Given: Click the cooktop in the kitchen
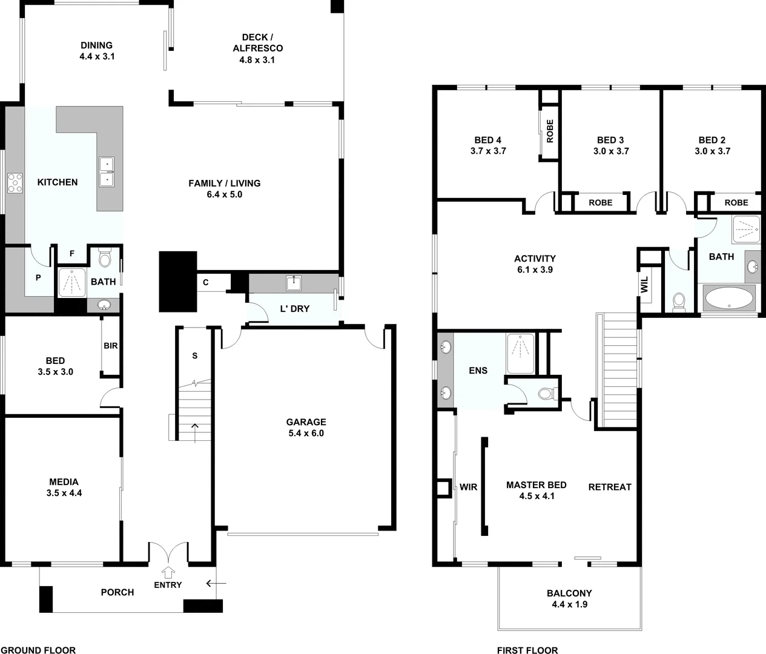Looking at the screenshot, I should pos(15,183).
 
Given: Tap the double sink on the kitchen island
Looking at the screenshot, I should pos(107,172).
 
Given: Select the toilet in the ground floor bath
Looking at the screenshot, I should pos(105,259).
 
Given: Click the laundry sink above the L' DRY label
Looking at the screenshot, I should pos(295,282).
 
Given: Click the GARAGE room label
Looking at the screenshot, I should pos(306,422).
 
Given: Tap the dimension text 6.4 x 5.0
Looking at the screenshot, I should pos(224,194).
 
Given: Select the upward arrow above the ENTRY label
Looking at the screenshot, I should pos(168,571).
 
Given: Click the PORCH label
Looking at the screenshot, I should pos(117,592).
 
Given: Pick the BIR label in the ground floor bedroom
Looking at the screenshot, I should pos(111,346).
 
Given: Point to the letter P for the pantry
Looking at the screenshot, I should pos(38,278).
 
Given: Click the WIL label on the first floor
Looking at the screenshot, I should pos(644,285).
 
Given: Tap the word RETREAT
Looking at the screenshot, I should pos(610,487).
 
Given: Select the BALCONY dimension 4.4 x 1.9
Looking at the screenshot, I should pos(569,604).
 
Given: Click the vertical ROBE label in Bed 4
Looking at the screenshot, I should pos(550,130).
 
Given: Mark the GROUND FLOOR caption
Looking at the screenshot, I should pos(38,650).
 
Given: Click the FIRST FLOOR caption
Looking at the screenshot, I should pos(527,650).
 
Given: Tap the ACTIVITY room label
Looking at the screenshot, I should pos(535,259).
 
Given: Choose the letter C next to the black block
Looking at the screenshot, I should pos(206,282).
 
